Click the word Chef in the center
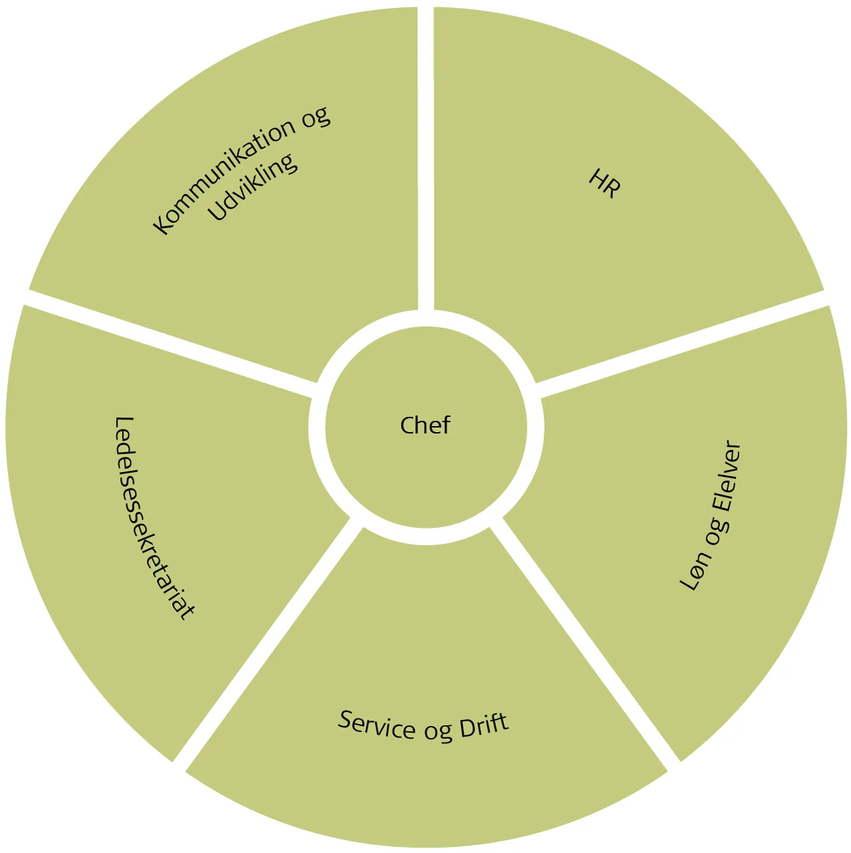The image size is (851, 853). pos(425,426)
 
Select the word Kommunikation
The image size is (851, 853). pos(223,178)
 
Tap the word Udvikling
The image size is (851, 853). pos(253,187)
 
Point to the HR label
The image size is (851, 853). pos(605,183)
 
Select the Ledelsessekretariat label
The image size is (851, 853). pos(154,518)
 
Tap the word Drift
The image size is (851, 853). pos(484,725)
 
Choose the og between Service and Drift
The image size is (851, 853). pos(438,731)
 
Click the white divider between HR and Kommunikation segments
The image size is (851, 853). pos(425,160)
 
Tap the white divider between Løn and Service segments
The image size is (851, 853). pos(585,638)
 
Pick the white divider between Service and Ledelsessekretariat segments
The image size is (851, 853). pos(266,638)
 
